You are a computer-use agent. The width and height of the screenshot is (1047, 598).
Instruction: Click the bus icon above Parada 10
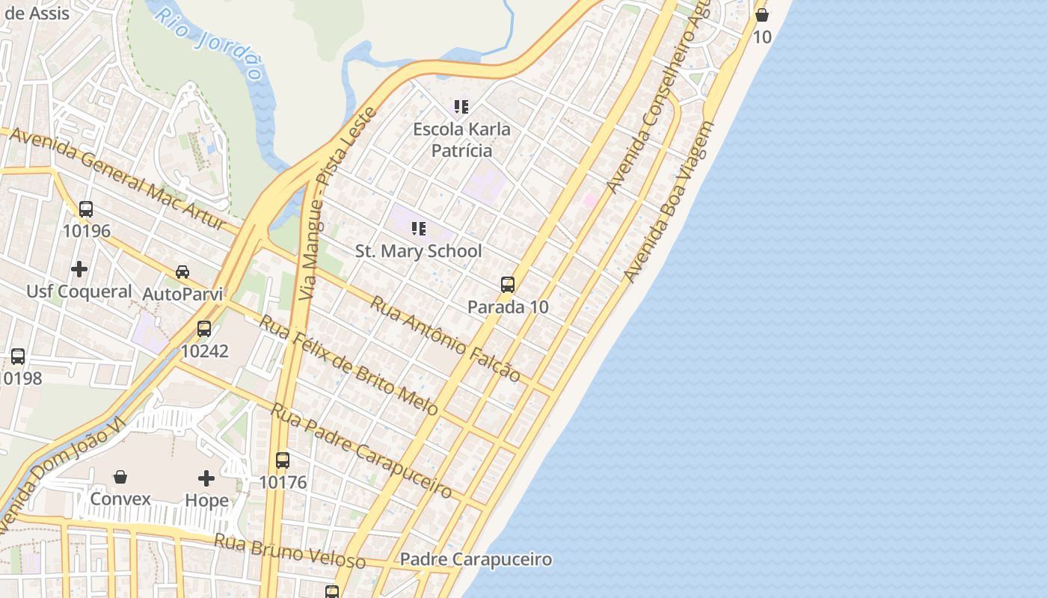508,284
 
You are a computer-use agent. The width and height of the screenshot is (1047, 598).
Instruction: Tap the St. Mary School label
418,251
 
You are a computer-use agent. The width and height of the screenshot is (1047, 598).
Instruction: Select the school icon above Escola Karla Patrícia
461,107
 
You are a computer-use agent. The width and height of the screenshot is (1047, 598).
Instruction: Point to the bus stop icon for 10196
86,209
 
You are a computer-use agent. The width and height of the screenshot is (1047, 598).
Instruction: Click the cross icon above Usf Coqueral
79,268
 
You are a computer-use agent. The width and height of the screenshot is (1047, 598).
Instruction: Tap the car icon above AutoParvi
182,271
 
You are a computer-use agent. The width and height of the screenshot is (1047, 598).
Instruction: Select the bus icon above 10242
204,328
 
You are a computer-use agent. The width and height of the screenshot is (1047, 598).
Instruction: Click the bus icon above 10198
18,357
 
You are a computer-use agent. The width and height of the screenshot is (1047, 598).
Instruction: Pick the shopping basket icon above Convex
120,476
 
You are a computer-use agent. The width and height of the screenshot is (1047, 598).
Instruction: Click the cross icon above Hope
206,478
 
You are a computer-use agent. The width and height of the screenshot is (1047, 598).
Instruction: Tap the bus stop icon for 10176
283,460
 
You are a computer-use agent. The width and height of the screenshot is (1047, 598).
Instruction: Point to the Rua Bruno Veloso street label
289,551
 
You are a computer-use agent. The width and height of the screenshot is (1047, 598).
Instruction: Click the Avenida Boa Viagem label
669,202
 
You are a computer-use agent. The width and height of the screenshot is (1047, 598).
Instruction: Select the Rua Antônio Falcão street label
445,339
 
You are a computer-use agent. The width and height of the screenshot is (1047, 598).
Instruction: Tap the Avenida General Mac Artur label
118,177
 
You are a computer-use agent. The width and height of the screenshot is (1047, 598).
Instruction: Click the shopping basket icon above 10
762,14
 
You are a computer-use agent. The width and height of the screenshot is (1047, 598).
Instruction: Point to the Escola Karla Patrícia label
462,140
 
